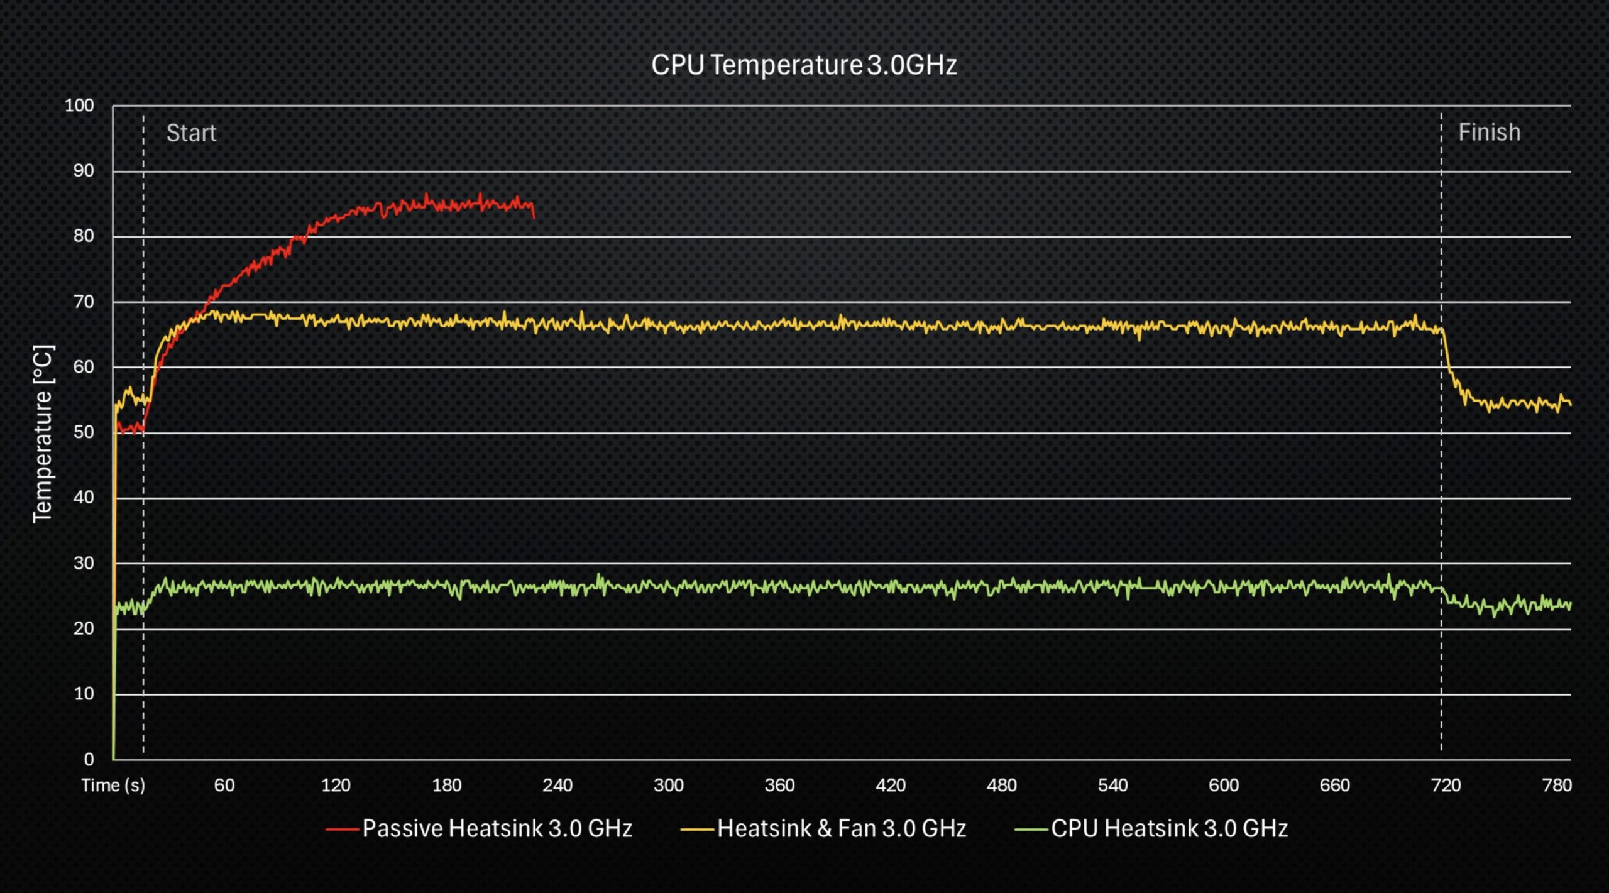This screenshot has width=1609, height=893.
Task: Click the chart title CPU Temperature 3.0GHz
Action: coord(804,65)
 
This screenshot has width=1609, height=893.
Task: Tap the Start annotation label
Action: coord(191,133)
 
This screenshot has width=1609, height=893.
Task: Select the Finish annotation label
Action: coord(1489,133)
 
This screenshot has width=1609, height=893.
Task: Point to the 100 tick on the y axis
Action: coord(79,106)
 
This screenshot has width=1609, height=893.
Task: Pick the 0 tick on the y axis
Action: coord(89,759)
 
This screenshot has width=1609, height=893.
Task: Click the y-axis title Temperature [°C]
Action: coord(43,434)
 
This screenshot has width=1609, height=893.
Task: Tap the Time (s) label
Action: coord(113,785)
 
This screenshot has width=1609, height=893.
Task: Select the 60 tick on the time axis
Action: coord(224,785)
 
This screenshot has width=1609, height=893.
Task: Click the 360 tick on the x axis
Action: coord(779,785)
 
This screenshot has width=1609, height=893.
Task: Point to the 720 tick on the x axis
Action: coord(1446,785)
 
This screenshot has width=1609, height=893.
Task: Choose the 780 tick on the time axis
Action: coord(1557,785)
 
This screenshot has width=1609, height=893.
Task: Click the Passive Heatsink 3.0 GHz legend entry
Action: coord(497,828)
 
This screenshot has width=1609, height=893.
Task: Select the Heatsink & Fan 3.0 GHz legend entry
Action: coord(841,828)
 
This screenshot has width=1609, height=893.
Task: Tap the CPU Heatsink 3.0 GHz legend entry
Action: coord(1169,828)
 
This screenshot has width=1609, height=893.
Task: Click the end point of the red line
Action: coord(534,217)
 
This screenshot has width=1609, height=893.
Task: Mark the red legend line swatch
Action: coord(342,830)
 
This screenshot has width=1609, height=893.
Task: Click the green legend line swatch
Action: coord(1031,830)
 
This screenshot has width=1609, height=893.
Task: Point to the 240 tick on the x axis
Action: coord(557,785)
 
